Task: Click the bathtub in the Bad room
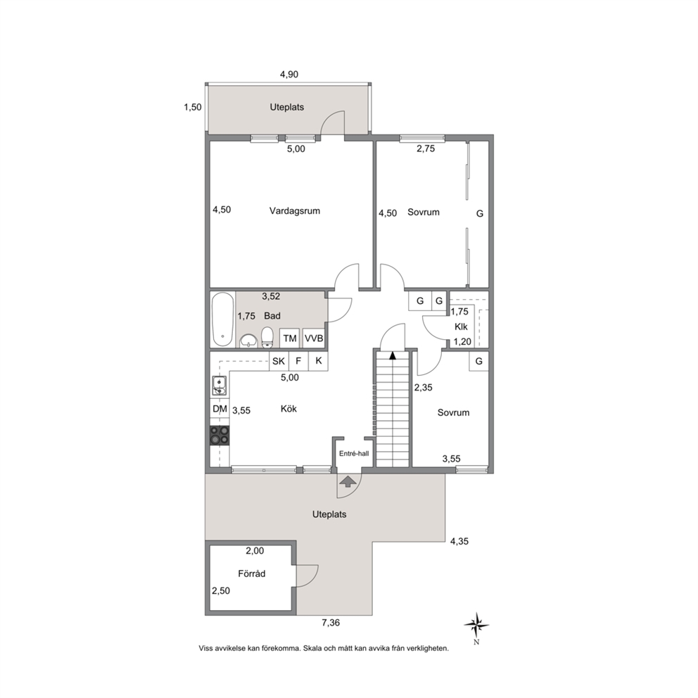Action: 222,319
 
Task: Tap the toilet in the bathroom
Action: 267,337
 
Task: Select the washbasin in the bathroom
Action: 248,341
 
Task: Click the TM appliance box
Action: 290,338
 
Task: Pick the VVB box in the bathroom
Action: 314,338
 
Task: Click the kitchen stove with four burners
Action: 220,436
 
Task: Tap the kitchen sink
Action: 220,386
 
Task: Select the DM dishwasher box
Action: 220,409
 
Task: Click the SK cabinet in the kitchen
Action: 279,361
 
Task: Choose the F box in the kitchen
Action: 299,361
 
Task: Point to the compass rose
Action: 476,626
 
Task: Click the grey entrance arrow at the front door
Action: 348,482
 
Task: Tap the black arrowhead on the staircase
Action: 392,355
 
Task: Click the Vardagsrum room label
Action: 295,211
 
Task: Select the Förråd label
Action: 251,573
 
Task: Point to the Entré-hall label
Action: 355,454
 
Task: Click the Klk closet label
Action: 461,326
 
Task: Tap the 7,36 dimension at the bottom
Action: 331,623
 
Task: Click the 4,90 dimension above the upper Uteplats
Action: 289,75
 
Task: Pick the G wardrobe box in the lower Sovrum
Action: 479,361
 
